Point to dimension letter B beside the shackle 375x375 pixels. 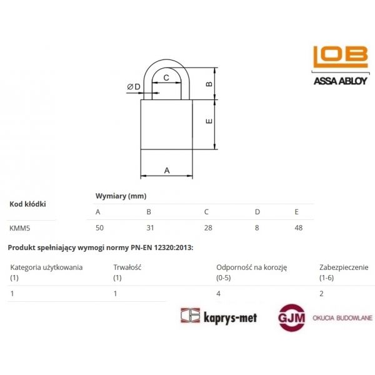pos(210,83)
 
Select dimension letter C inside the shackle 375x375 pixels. pos(166,77)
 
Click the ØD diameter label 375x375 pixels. pos(134,86)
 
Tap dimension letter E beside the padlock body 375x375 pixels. pos(210,121)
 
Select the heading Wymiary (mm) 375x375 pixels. pos(121,196)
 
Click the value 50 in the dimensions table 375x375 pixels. pos(100,227)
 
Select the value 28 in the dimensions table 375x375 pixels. pos(208,227)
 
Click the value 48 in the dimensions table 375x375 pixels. pos(298,227)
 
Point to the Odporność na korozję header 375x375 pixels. pos(251,267)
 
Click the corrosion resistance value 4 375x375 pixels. pos(218,292)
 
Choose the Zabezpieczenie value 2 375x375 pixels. pos(321,292)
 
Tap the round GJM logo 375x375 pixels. pos(291,317)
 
